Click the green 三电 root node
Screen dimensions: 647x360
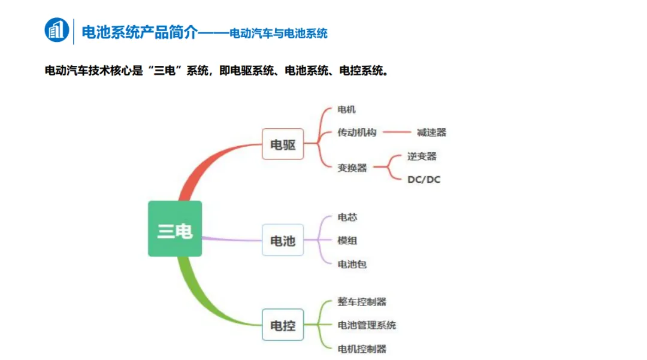click(x=175, y=229)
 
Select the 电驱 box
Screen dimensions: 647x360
click(x=283, y=144)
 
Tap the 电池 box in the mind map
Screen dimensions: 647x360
click(x=283, y=240)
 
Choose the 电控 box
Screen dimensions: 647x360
click(x=283, y=325)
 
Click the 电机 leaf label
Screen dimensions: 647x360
click(x=347, y=110)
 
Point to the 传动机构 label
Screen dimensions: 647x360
click(x=357, y=132)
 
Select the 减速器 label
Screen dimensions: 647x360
click(x=431, y=132)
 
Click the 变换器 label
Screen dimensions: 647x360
click(x=352, y=168)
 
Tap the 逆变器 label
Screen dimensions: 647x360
click(x=422, y=156)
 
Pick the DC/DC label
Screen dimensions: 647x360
click(x=424, y=180)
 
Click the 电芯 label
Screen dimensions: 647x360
click(x=347, y=217)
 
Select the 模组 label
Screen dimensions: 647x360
click(x=347, y=240)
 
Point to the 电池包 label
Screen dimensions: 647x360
click(x=352, y=264)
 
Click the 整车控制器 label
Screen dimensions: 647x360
click(x=362, y=302)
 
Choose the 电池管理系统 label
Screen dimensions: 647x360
click(x=367, y=325)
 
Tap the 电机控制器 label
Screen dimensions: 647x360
click(x=362, y=349)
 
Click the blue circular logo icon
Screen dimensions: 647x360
click(x=57, y=30)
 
